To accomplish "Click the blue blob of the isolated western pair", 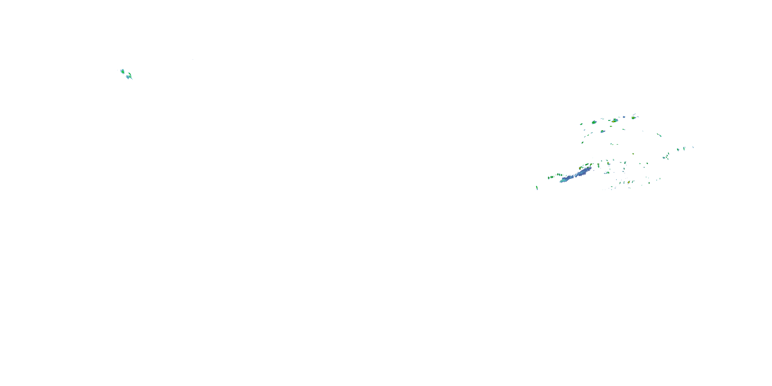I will coord(128,77).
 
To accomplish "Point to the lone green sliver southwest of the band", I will coord(537,188).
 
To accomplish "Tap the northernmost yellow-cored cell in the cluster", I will coord(634,118).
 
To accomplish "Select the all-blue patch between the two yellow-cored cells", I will coord(624,117).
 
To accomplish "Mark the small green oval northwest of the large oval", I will coord(581,124).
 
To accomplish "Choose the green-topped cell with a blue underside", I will coord(602,131).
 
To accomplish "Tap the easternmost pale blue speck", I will coord(693,147).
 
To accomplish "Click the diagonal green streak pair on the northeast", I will coord(659,135).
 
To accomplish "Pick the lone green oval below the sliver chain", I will coord(582,143).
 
